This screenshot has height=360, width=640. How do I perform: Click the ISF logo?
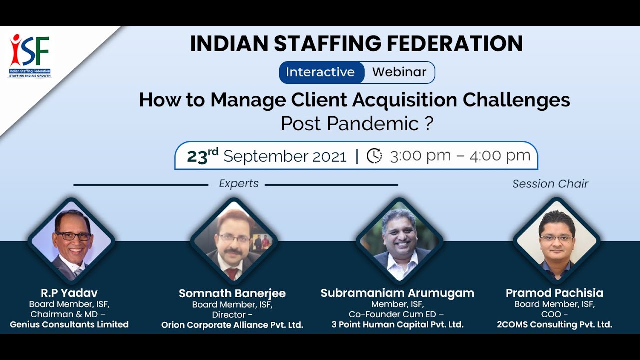click(x=30, y=55)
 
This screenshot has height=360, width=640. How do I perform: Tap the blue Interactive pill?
click(x=320, y=72)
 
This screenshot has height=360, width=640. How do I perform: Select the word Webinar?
click(x=399, y=72)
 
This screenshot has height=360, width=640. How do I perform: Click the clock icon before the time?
click(x=374, y=156)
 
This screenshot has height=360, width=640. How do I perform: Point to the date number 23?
click(x=197, y=157)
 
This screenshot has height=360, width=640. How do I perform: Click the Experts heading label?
click(x=239, y=184)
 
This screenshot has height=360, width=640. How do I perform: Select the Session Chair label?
click(x=550, y=184)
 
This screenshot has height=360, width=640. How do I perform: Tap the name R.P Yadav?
click(x=69, y=293)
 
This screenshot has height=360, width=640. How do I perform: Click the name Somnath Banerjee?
click(x=232, y=293)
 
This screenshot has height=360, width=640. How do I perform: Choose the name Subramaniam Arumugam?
click(x=397, y=293)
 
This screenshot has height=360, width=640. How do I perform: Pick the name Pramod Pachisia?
click(x=554, y=293)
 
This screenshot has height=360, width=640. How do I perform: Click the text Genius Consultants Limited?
click(x=69, y=325)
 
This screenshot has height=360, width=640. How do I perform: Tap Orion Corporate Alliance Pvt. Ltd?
click(x=232, y=325)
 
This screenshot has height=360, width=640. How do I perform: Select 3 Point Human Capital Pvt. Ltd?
click(x=397, y=325)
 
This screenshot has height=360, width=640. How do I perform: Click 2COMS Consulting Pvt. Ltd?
click(x=554, y=325)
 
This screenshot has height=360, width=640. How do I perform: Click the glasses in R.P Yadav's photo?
click(x=73, y=236)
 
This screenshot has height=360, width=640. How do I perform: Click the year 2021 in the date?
click(x=329, y=157)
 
